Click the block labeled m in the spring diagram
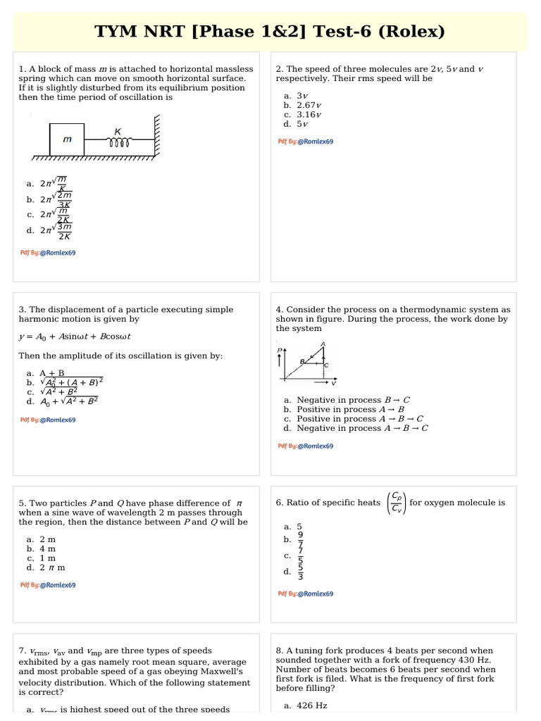point(67,139)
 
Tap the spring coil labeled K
point(118,141)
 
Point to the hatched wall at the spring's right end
point(157,137)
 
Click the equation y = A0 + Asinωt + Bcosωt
point(75,337)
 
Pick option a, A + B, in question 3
point(51,373)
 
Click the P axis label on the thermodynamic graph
point(280,350)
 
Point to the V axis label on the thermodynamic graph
point(333,383)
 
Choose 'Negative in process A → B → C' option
point(362,428)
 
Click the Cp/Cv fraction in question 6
point(397,503)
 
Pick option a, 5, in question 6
point(299,527)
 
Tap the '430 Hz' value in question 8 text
point(475,660)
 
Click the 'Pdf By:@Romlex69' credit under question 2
point(306,142)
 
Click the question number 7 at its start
point(22,651)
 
